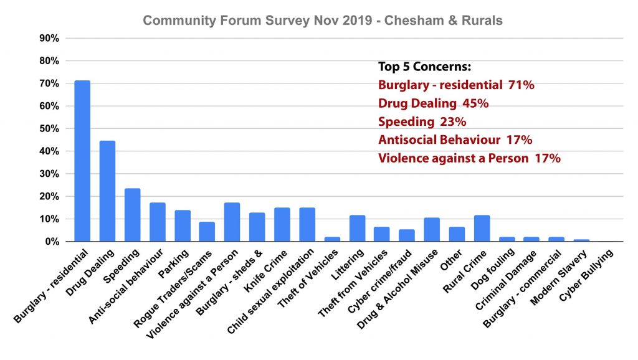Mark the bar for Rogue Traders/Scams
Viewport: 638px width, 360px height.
(x=207, y=232)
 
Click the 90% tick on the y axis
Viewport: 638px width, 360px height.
(x=49, y=39)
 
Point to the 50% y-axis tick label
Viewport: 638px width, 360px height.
(x=49, y=129)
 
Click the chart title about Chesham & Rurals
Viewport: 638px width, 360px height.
(x=323, y=21)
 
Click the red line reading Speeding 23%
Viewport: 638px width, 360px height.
(x=422, y=121)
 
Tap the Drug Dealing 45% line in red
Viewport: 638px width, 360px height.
(x=433, y=103)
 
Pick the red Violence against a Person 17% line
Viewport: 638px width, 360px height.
(x=469, y=158)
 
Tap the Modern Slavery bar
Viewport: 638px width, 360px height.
(x=581, y=240)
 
